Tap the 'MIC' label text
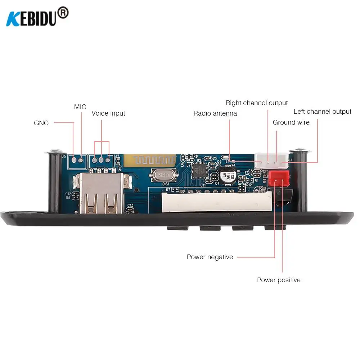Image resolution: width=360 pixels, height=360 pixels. (x=80, y=107)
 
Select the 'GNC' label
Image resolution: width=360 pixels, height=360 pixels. (x=41, y=123)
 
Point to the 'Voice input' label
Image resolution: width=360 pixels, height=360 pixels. (x=108, y=113)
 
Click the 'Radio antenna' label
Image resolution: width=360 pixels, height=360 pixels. (x=215, y=113)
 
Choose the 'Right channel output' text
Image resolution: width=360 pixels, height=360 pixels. (x=257, y=103)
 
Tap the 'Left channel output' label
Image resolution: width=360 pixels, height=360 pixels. (x=322, y=112)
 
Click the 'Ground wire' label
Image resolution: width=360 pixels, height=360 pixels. (x=291, y=122)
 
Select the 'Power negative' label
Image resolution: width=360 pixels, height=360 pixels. (x=210, y=257)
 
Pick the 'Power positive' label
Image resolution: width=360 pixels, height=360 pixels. (x=279, y=280)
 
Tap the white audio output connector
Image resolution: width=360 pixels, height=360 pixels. (x=272, y=159)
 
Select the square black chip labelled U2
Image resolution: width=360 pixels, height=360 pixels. (x=199, y=170)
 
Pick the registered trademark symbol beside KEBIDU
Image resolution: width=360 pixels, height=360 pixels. (x=63, y=13)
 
